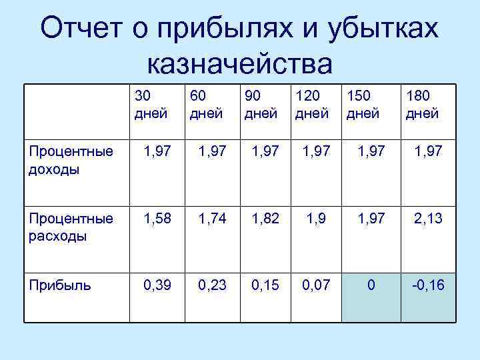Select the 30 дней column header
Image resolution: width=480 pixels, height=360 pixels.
[x=151, y=105]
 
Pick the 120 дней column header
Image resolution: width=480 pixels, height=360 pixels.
[x=312, y=105]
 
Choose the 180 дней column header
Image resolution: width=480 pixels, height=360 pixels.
[x=422, y=105]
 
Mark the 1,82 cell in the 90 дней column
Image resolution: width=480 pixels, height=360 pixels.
[x=265, y=219]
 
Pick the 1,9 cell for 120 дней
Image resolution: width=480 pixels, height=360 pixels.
[x=317, y=219]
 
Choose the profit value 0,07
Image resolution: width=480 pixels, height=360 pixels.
[x=317, y=285]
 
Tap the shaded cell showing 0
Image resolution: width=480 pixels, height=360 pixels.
[x=371, y=285]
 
